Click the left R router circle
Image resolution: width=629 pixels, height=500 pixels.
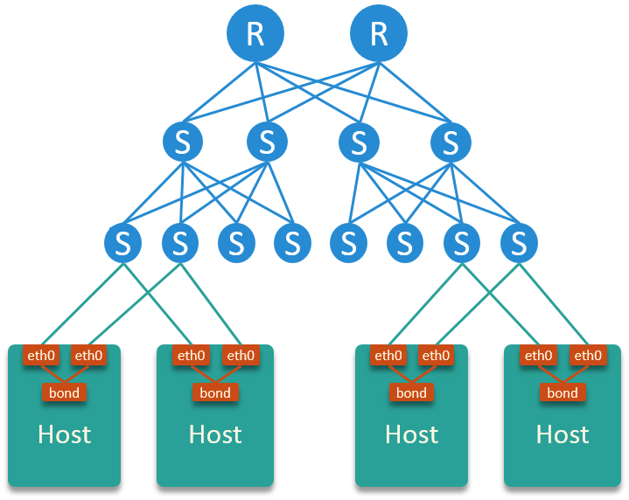click(255, 33)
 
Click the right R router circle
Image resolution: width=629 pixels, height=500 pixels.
click(379, 33)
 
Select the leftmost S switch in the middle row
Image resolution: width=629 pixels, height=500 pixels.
click(183, 142)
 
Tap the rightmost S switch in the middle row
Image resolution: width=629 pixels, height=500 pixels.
click(451, 142)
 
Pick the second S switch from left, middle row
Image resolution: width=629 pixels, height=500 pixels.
click(267, 142)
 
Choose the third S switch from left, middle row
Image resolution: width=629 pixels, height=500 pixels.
click(359, 142)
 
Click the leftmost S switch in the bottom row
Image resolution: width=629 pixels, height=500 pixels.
click(123, 243)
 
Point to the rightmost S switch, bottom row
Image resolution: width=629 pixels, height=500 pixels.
click(519, 243)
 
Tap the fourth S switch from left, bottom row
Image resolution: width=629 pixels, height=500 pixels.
click(292, 243)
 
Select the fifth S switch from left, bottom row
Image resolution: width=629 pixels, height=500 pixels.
click(349, 243)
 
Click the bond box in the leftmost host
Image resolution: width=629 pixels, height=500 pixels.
click(64, 392)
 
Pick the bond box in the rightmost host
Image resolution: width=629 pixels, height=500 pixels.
click(563, 392)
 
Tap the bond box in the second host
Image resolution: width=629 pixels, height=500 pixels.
click(215, 392)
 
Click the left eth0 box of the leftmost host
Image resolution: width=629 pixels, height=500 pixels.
click(40, 355)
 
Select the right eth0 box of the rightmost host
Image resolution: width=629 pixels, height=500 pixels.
click(588, 355)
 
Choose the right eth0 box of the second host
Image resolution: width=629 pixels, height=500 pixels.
click(240, 355)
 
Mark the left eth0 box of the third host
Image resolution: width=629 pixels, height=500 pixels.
click(388, 355)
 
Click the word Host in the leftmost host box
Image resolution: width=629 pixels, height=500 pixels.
click(64, 434)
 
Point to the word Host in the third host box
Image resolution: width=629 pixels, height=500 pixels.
click(411, 434)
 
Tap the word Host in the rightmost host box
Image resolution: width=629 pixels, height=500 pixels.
click(563, 434)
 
